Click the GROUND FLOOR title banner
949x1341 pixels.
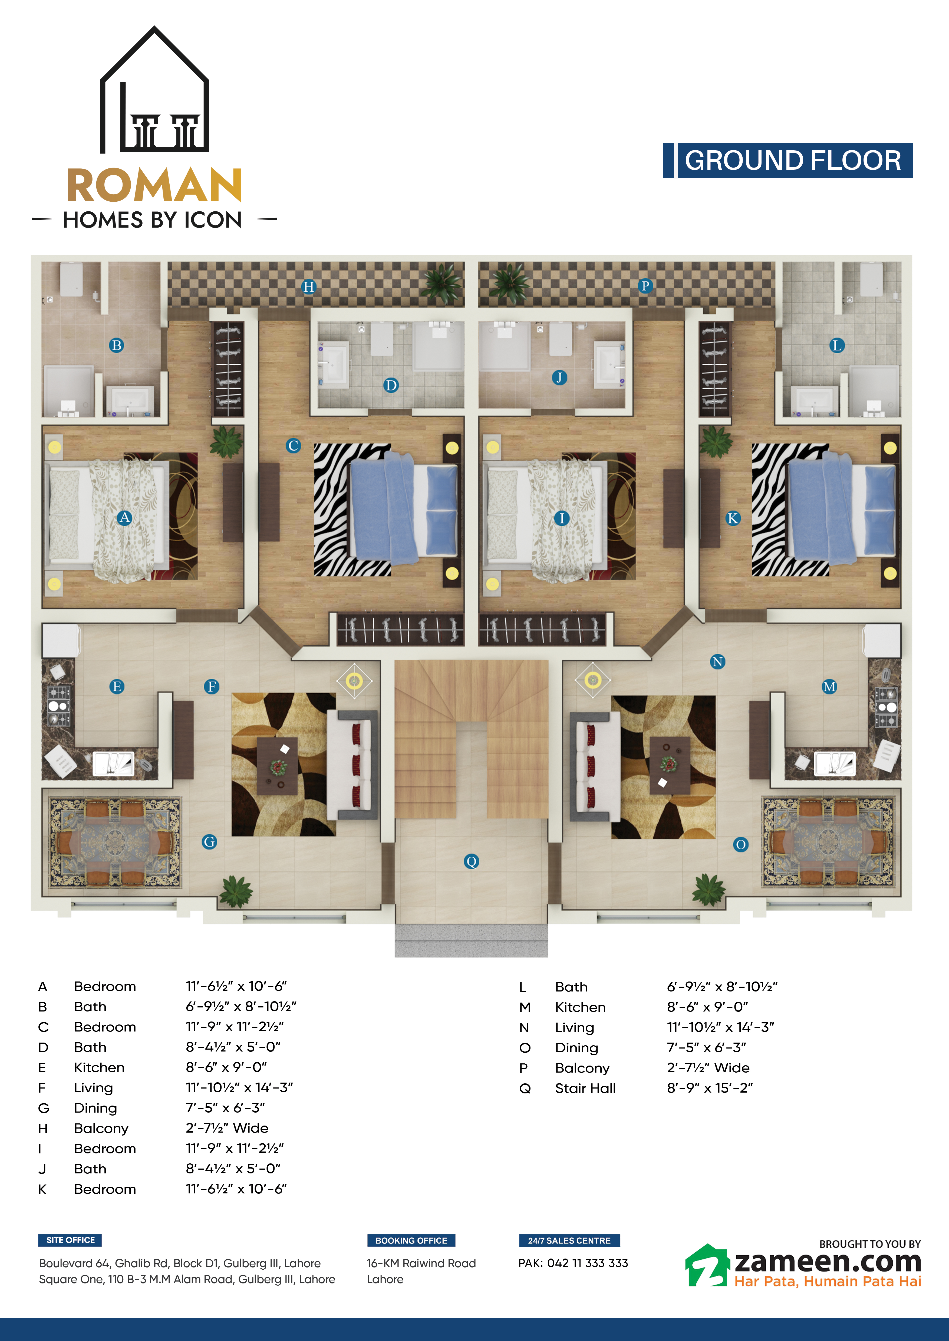point(788,161)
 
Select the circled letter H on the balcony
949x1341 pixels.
point(309,287)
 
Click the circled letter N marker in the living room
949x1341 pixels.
point(718,662)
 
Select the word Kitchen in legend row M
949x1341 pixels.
point(580,1007)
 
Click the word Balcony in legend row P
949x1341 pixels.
point(582,1068)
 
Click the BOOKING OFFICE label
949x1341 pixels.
point(411,1240)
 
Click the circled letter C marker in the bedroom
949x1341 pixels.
point(293,446)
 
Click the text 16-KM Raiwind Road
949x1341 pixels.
point(421,1263)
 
